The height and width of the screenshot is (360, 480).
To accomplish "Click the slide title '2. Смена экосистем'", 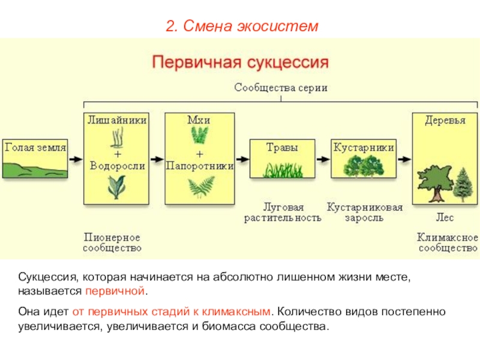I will [240, 26].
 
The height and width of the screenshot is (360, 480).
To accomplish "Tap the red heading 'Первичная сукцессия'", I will [240, 62].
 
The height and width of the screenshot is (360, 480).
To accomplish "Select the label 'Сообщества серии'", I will [281, 88].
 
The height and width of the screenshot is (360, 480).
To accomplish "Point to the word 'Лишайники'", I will [117, 120].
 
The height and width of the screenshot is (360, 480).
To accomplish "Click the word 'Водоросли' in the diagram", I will [117, 166].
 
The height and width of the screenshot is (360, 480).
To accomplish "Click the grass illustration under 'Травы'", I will [281, 169].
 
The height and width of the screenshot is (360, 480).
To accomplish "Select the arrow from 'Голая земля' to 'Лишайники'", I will [76, 160].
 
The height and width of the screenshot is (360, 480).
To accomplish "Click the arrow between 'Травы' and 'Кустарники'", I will [322, 160].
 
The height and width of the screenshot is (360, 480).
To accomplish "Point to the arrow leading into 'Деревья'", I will [403, 160].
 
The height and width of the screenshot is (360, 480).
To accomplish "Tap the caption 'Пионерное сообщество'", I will [113, 242].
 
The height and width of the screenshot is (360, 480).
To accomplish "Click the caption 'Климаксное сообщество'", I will [447, 242].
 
